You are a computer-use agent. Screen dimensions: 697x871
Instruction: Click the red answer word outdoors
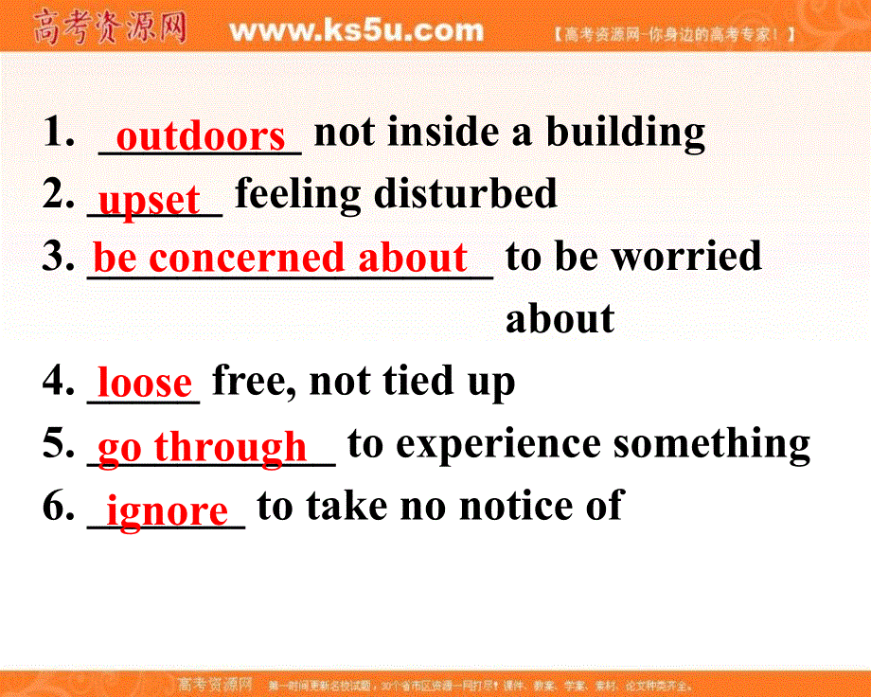click(x=200, y=136)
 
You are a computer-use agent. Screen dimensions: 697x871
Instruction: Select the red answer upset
click(x=150, y=200)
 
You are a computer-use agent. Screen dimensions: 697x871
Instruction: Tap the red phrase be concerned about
click(x=280, y=258)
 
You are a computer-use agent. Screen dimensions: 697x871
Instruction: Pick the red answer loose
click(x=145, y=383)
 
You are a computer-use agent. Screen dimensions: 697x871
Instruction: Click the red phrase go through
click(x=203, y=446)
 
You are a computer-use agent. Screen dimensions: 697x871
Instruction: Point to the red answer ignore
click(x=167, y=510)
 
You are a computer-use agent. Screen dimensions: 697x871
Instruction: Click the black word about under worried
click(x=560, y=319)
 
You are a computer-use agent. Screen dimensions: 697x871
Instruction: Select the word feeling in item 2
click(x=298, y=195)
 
